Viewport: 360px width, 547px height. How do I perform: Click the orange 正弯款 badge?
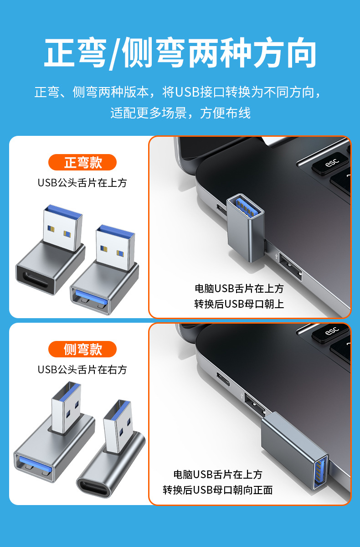pos(82,162)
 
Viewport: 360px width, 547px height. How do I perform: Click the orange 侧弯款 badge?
pos(82,349)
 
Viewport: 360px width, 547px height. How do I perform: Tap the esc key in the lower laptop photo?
pos(331,332)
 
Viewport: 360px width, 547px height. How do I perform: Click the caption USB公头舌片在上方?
pos(82,183)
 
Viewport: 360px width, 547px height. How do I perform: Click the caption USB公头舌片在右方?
pos(82,370)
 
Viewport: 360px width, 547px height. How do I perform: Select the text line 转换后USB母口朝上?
pos(239,304)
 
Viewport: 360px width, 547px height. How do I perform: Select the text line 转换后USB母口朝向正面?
pos(218,490)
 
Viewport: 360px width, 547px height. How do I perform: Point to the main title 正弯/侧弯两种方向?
pos(180,53)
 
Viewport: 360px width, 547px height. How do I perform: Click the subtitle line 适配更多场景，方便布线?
pos(180,113)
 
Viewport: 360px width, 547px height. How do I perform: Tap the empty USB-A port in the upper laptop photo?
pos(290,267)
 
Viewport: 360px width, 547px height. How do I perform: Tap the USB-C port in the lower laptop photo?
pos(223,379)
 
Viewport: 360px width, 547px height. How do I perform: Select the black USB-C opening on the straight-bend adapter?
pos(36,280)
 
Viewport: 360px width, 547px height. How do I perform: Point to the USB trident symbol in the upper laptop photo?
pos(276,256)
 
